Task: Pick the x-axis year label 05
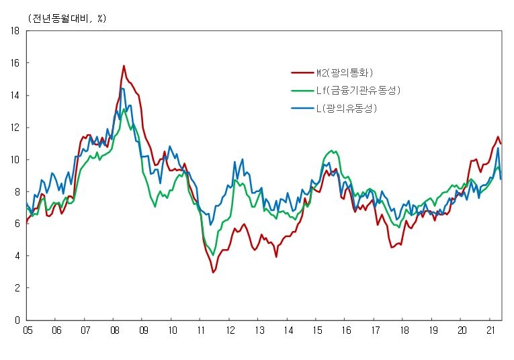click(x=28, y=330)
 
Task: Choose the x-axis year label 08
click(x=115, y=330)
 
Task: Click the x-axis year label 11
click(x=202, y=330)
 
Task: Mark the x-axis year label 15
click(x=317, y=330)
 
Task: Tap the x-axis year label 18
click(x=404, y=330)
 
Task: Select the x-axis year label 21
click(x=491, y=330)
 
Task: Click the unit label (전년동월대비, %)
click(x=67, y=18)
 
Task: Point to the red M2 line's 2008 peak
click(x=124, y=66)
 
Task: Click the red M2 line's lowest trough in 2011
click(x=213, y=272)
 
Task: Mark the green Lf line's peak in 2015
click(x=332, y=150)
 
